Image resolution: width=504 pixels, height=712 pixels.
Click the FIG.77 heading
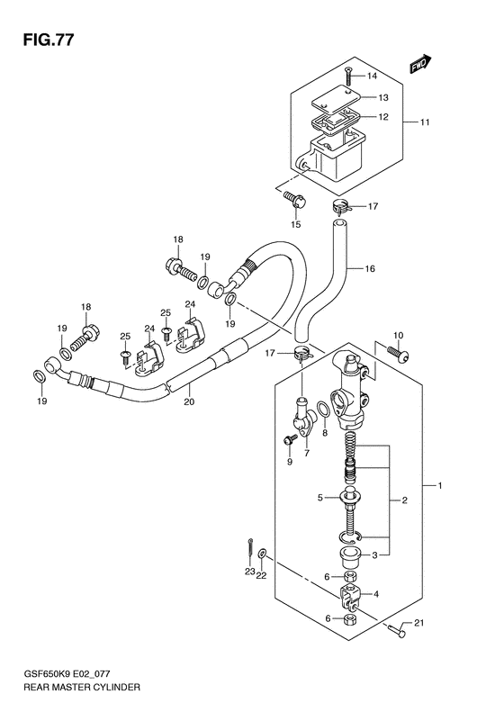[x=48, y=40]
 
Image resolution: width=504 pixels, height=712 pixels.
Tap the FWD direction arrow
[x=420, y=64]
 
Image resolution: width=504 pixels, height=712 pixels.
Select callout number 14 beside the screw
[x=372, y=76]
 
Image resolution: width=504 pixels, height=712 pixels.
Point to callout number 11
[x=424, y=122]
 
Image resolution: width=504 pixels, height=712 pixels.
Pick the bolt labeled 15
[x=294, y=200]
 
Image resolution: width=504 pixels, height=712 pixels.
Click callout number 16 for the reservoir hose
[x=370, y=269]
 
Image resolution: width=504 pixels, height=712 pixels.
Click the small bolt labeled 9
[x=290, y=439]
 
